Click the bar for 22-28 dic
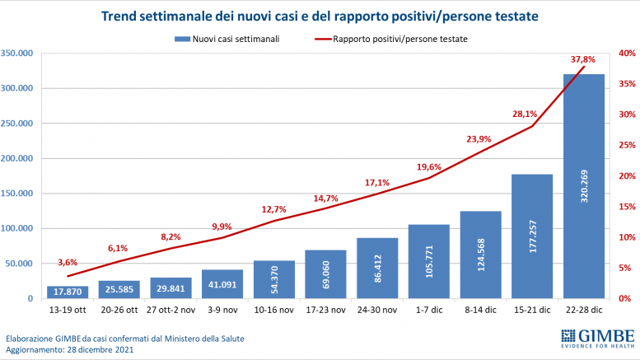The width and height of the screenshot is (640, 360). pos(583,186)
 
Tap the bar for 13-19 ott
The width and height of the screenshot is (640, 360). pos(68,292)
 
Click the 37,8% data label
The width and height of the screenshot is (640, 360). pos(582,59)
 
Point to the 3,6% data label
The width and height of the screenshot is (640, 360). pos(68,262)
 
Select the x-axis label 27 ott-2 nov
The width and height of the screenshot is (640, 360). pos(171,311)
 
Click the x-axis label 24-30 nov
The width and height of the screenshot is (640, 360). pos(376,311)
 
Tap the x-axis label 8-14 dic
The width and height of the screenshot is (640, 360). pos(479,311)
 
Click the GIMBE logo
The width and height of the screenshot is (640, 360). pos(596,339)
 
